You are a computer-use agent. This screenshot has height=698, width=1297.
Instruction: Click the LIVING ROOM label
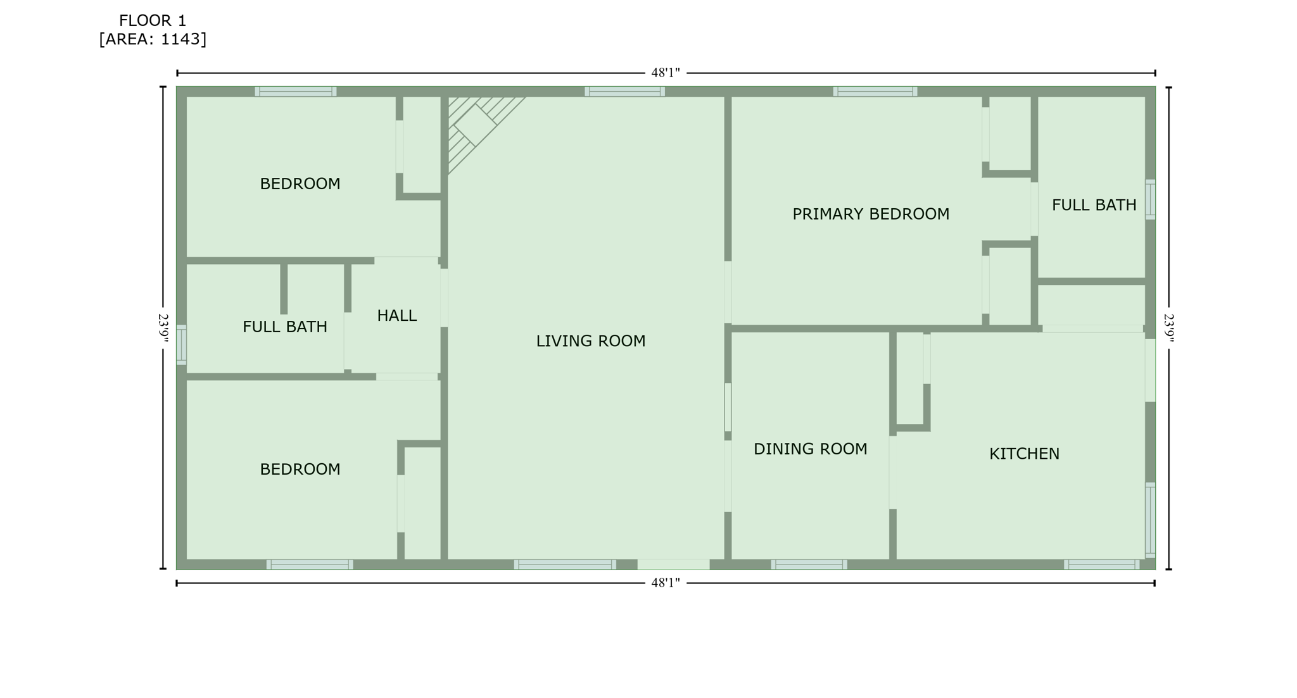590,341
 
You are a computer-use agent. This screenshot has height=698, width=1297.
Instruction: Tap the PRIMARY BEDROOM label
870,215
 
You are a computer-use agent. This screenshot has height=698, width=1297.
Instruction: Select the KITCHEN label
1023,454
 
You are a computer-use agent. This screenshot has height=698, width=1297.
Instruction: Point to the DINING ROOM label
809,449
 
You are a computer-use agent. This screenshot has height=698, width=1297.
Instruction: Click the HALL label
396,316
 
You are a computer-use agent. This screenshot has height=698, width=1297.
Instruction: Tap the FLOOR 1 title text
153,21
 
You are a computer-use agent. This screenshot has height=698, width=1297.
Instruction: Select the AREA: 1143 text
153,39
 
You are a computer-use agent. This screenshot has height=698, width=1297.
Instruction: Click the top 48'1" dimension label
665,73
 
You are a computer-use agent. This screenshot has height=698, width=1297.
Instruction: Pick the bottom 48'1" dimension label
665,583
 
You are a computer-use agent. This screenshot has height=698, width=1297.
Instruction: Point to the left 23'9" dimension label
163,328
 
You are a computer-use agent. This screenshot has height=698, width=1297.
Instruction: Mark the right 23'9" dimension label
1168,328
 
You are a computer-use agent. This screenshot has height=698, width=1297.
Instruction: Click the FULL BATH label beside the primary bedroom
1094,205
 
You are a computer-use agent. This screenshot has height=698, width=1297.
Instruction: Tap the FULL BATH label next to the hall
284,327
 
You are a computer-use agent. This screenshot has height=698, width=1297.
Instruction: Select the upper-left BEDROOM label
300,184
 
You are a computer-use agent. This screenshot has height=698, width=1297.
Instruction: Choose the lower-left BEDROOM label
300,470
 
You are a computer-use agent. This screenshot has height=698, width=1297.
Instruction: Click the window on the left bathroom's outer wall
181,345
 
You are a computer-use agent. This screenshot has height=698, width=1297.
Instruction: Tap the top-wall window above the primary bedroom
875,92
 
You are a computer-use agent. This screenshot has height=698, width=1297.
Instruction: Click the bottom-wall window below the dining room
808,564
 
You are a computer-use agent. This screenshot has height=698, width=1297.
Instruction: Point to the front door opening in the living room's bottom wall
673,564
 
